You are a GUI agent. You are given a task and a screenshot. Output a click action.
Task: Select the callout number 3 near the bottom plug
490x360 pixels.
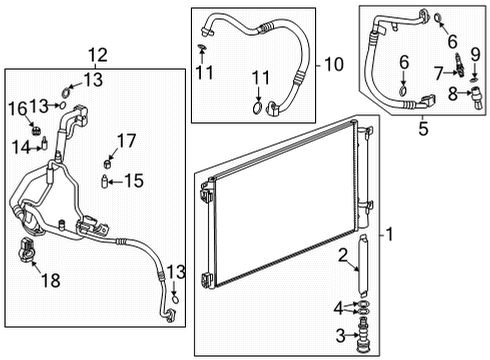340,335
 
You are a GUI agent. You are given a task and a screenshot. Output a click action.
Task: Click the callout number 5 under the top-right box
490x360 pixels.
423,129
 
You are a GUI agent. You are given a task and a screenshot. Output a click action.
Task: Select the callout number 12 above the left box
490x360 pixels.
96,55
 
